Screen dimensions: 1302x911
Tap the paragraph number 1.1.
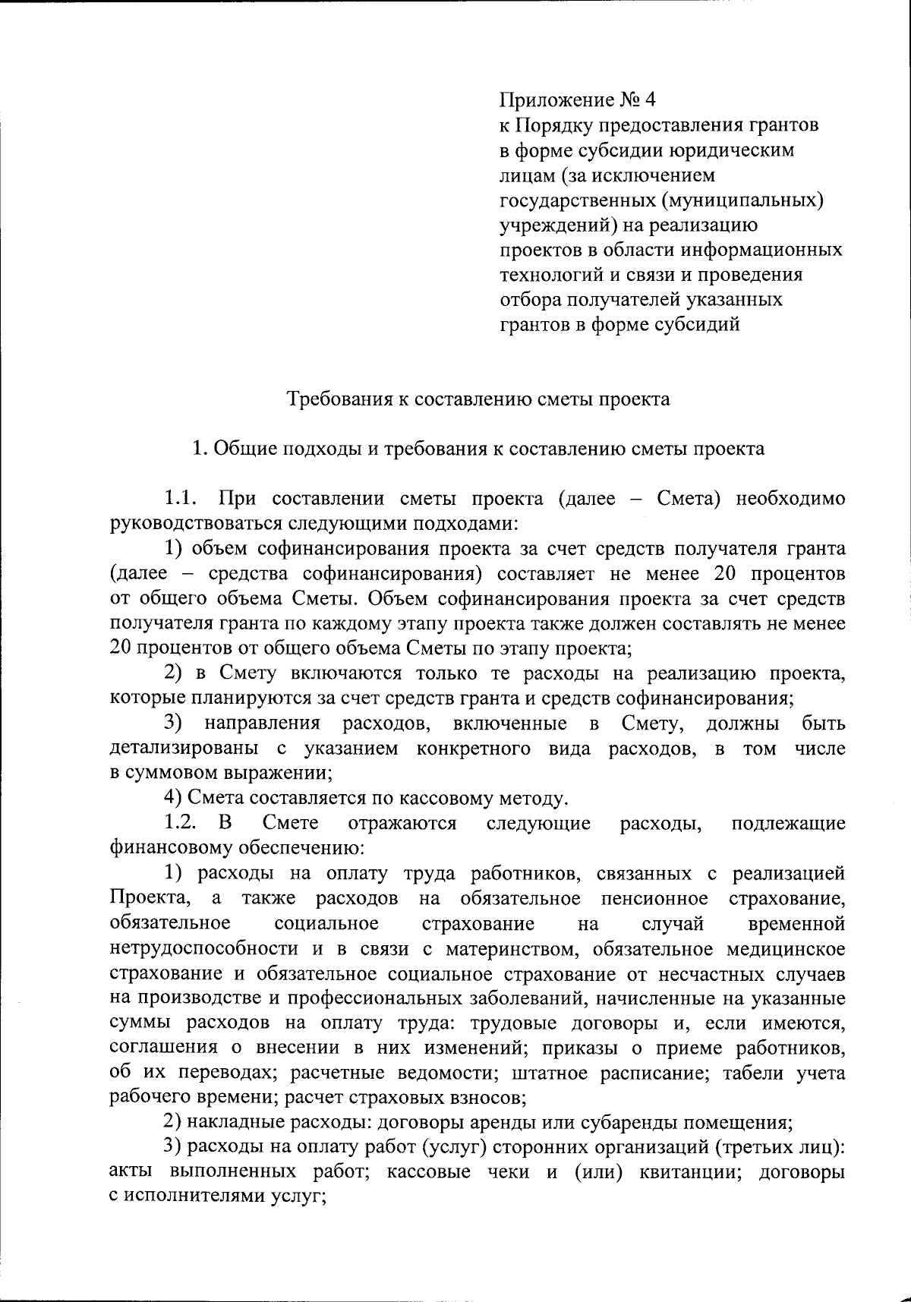click(x=182, y=499)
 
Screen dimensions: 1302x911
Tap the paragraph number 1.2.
click(x=182, y=824)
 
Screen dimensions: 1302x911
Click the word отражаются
click(x=402, y=824)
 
